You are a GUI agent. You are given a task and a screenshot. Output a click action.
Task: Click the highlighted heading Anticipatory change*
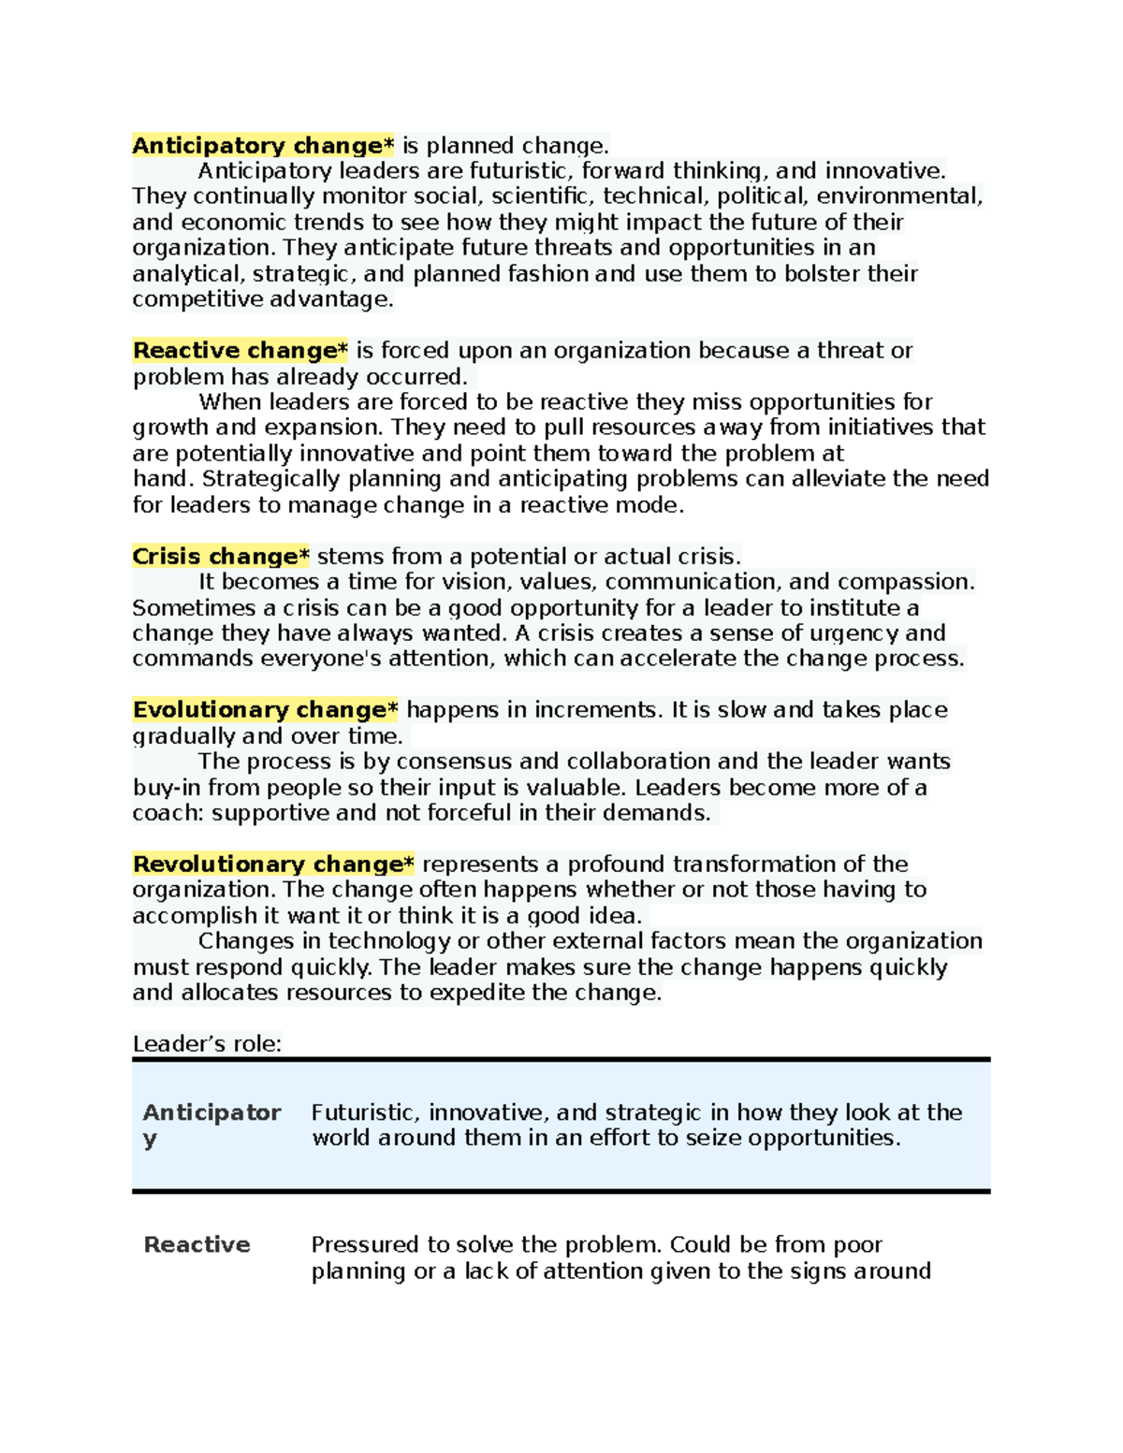[x=263, y=146]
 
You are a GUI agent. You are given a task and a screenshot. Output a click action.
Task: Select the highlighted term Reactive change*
[x=240, y=351]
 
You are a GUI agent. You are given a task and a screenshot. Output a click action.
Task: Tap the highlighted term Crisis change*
[x=221, y=557]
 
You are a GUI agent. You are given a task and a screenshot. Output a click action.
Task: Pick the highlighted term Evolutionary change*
[x=265, y=710]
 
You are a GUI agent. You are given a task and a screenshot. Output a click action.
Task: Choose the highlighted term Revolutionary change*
[x=273, y=865]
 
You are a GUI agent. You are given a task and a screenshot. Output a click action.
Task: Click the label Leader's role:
[x=207, y=1044]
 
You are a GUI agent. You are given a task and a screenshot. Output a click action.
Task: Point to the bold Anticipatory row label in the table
[x=211, y=1113]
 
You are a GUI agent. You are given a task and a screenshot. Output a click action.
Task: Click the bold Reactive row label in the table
[x=197, y=1245]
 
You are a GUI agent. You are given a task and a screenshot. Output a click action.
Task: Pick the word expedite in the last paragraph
[x=476, y=993]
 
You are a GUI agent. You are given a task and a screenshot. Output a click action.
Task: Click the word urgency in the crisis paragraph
[x=853, y=633]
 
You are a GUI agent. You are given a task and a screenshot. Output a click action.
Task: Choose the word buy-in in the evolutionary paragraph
[x=167, y=788]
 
